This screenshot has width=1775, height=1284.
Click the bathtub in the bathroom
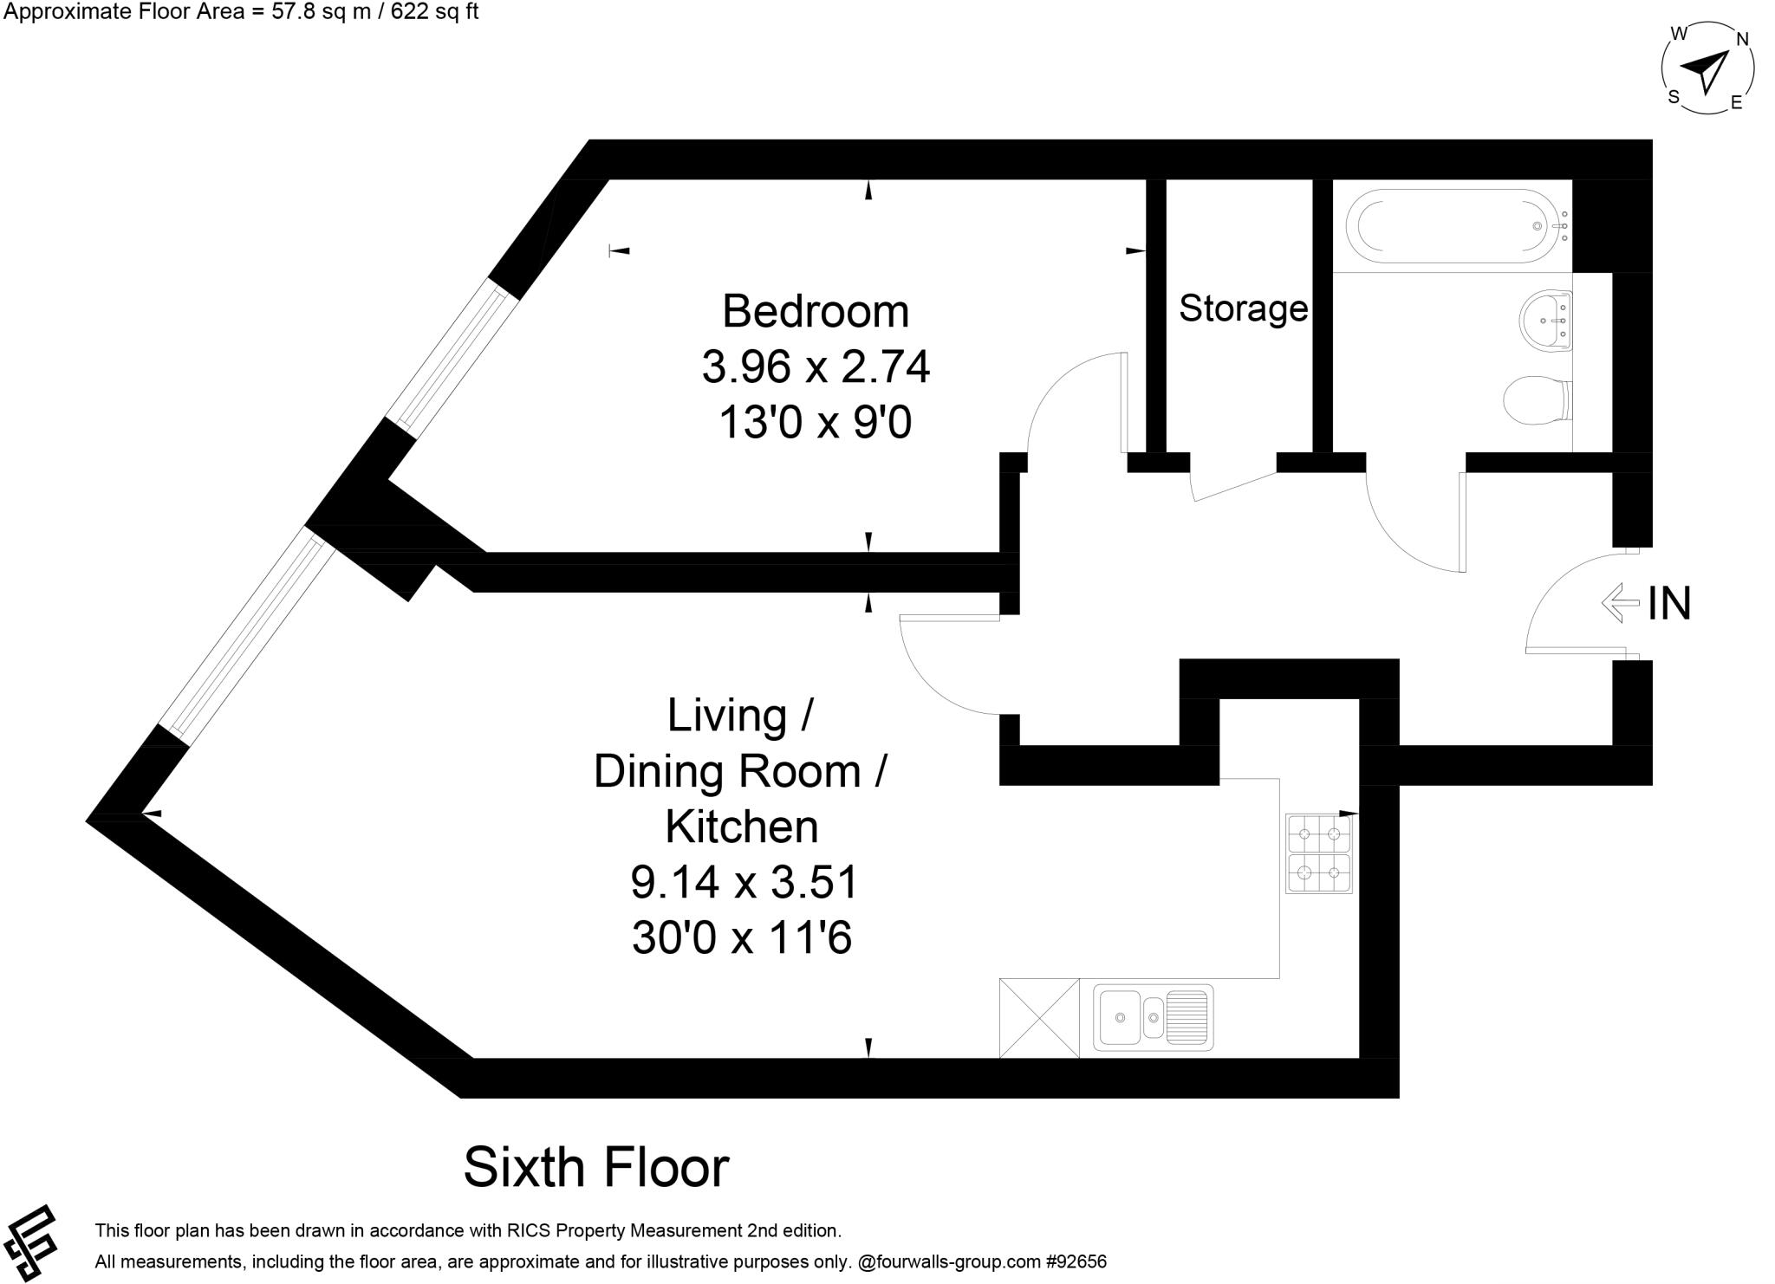tap(1456, 226)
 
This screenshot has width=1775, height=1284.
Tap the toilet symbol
tap(1536, 401)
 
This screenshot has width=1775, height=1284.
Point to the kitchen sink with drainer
tap(1153, 1017)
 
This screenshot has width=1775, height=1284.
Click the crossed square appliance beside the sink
tap(1039, 1018)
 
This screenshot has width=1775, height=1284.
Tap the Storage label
tap(1243, 308)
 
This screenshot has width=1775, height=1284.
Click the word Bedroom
tap(815, 311)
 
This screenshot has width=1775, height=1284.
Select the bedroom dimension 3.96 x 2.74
tap(815, 366)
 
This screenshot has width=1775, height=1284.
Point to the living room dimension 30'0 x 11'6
tap(742, 938)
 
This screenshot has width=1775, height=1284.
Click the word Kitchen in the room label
tap(742, 827)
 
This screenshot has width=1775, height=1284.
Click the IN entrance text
tap(1669, 604)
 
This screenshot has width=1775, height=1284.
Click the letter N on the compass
tap(1742, 39)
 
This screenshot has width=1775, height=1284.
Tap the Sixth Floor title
tap(596, 1168)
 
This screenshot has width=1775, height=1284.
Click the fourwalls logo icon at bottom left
tap(30, 1242)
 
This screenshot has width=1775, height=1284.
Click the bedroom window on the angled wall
tap(452, 359)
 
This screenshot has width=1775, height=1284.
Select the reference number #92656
tap(1076, 1262)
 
